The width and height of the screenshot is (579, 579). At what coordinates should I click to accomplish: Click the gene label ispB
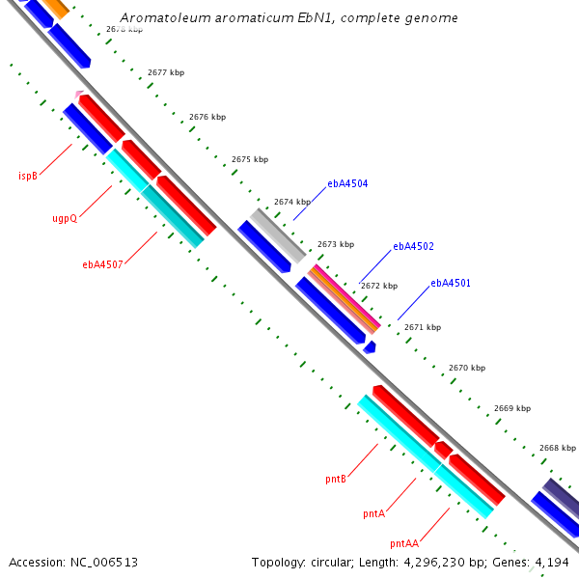pyautogui.click(x=28, y=176)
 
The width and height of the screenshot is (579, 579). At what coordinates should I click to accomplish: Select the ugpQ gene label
pyautogui.click(x=65, y=218)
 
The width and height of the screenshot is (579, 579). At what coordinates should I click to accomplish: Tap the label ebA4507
pyautogui.click(x=102, y=263)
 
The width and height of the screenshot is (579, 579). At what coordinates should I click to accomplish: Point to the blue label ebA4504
pyautogui.click(x=347, y=182)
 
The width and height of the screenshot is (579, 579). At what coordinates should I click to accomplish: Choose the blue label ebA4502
pyautogui.click(x=413, y=246)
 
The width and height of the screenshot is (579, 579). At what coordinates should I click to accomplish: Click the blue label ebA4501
pyautogui.click(x=451, y=283)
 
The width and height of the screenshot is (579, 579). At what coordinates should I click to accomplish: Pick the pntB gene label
pyautogui.click(x=336, y=478)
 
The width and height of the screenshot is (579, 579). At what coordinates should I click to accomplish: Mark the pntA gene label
pyautogui.click(x=374, y=513)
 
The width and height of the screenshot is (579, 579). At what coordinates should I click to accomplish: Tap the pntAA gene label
pyautogui.click(x=404, y=543)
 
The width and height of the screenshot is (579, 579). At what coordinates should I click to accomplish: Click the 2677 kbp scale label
pyautogui.click(x=166, y=72)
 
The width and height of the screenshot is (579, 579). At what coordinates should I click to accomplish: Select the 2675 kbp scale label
pyautogui.click(x=250, y=159)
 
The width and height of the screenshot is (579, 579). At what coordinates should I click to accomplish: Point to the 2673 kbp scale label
pyautogui.click(x=336, y=244)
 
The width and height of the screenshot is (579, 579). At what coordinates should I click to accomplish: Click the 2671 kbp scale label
pyautogui.click(x=423, y=327)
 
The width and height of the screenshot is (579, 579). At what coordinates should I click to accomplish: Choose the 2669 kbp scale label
pyautogui.click(x=512, y=408)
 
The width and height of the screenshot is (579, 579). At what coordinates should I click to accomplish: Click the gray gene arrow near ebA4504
pyautogui.click(x=278, y=234)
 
